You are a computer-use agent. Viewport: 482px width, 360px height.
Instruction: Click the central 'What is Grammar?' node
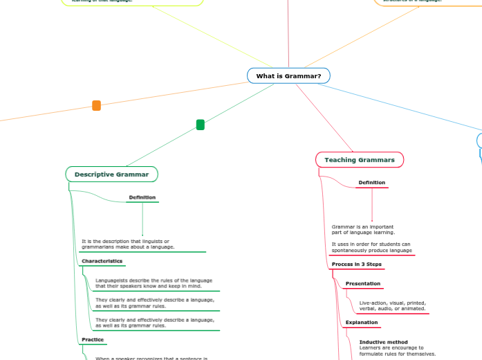point(288,75)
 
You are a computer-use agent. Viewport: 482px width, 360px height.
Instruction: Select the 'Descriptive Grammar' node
point(111,174)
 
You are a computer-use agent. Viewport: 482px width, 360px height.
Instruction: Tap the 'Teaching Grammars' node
point(359,160)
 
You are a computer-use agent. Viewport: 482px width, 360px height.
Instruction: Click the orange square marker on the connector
point(96,106)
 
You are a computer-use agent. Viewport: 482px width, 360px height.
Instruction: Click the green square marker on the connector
point(201,125)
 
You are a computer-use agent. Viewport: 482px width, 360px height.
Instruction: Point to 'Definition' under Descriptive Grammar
point(142,198)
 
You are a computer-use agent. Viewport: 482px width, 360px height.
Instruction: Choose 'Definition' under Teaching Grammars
point(371,183)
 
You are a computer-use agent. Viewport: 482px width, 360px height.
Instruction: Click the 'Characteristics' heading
point(102,261)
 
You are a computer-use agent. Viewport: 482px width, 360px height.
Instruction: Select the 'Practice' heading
point(93,340)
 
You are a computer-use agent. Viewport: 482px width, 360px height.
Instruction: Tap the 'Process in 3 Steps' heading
point(356,264)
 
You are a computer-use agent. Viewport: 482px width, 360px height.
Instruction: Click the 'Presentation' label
point(362,284)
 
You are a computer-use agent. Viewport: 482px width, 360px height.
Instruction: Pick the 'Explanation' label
point(362,323)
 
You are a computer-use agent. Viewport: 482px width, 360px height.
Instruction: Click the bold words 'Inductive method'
point(383,342)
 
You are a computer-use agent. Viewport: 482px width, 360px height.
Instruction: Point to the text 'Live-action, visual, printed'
point(392,303)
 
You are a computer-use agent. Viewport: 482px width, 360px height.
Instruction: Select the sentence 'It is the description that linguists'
point(125,241)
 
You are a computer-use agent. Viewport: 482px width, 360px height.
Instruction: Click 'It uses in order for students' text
point(371,244)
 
